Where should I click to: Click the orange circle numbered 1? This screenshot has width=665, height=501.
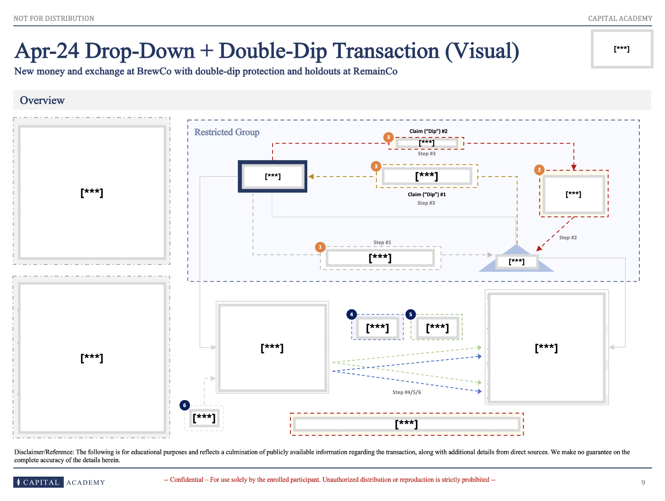[x=320, y=247]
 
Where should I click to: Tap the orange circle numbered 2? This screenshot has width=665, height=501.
[x=539, y=170]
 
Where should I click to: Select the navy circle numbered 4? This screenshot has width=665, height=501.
[x=351, y=314]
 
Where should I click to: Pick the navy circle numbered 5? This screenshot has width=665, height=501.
[x=410, y=314]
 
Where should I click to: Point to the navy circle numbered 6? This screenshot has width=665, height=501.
[x=184, y=405]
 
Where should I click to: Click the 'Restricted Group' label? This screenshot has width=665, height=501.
[x=226, y=132]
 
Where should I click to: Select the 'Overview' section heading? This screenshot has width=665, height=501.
[x=42, y=100]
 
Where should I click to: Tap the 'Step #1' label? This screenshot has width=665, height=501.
[x=382, y=242]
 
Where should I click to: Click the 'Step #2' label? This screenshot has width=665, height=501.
[x=568, y=237]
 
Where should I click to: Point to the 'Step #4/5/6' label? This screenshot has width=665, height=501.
[x=406, y=392]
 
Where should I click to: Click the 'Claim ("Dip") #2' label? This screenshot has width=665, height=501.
[x=428, y=131]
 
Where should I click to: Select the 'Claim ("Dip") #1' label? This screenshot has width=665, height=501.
[x=426, y=194]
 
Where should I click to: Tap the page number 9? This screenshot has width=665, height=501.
[x=643, y=482]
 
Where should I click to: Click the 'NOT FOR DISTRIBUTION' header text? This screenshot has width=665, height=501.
[x=54, y=18]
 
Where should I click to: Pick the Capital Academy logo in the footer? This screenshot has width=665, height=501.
[x=59, y=482]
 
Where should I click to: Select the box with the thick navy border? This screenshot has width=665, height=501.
[x=273, y=176]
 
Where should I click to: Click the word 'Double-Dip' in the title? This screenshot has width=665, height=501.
[x=273, y=51]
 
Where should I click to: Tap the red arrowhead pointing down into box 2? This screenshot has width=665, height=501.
[x=574, y=167]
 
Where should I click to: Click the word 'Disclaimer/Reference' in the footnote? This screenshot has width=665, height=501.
[x=43, y=452]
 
